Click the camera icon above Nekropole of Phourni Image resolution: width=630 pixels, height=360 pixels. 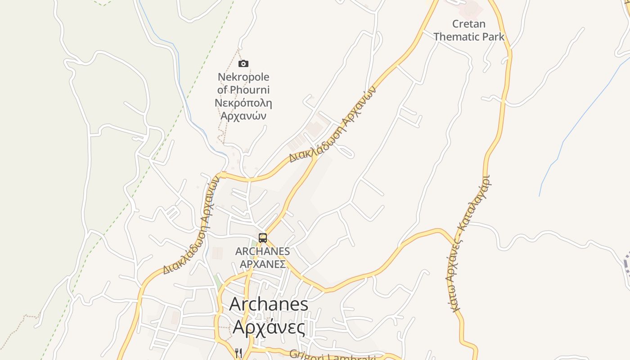pyautogui.click(x=243, y=64)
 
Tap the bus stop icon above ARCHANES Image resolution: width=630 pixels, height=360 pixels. pyautogui.click(x=263, y=238)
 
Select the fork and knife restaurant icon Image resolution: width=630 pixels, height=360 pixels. pyautogui.click(x=238, y=353)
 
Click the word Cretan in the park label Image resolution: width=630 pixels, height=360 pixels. pyautogui.click(x=468, y=24)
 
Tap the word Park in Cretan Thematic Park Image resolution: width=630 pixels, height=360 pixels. pyautogui.click(x=494, y=37)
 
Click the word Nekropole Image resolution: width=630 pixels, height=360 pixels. pyautogui.click(x=243, y=77)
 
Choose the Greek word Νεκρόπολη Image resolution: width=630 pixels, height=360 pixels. pyautogui.click(x=243, y=103)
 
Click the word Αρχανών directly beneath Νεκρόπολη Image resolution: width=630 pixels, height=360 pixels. pyautogui.click(x=243, y=116)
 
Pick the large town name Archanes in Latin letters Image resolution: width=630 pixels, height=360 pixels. pyautogui.click(x=269, y=304)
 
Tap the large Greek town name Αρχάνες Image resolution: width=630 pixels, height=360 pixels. pyautogui.click(x=269, y=327)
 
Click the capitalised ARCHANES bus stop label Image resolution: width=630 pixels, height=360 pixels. pyautogui.click(x=262, y=251)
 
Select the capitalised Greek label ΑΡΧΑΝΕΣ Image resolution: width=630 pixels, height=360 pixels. pyautogui.click(x=262, y=264)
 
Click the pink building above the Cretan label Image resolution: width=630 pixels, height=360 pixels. pyautogui.click(x=471, y=8)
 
